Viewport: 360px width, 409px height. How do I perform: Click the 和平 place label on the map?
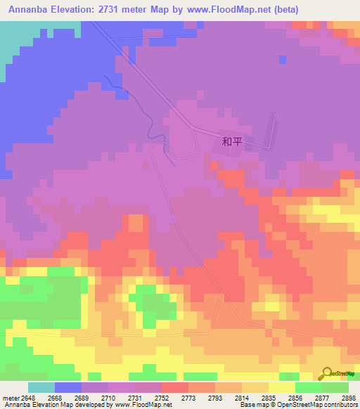(232, 141)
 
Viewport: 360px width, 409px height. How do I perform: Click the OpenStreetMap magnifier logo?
(326, 373)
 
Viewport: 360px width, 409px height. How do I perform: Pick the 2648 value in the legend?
(28, 398)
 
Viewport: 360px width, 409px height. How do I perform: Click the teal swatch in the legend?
(41, 387)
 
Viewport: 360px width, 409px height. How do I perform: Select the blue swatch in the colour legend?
(68, 387)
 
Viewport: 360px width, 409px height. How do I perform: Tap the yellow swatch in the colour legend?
(282, 387)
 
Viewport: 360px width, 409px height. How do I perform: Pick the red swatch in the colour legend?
(175, 387)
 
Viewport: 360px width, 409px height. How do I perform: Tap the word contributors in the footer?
(340, 405)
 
